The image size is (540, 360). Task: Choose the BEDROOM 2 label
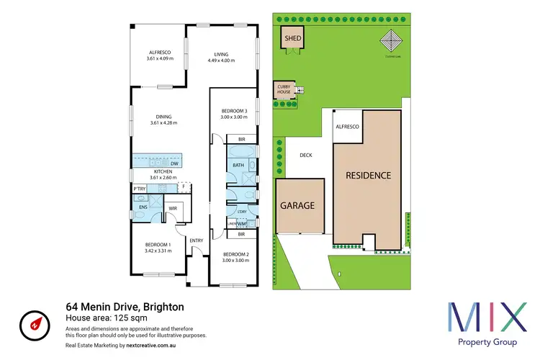click(235, 255)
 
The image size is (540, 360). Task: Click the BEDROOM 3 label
click(235, 110)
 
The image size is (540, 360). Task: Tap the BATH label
click(237, 166)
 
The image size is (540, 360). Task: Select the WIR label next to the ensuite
click(173, 208)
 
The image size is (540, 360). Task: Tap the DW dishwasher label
click(174, 164)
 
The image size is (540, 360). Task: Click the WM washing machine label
click(240, 224)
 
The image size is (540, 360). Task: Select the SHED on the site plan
click(292, 38)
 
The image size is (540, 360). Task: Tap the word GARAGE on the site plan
click(297, 205)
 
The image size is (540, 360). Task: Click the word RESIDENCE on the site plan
click(367, 175)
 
